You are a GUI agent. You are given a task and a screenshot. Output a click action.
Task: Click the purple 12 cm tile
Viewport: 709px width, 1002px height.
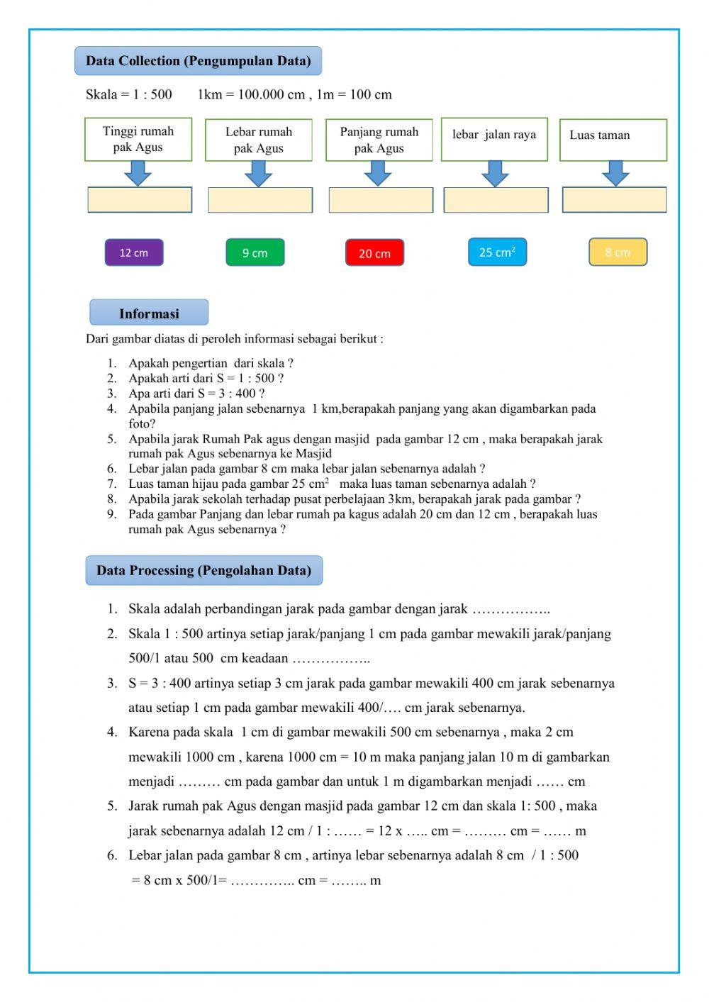point(134,252)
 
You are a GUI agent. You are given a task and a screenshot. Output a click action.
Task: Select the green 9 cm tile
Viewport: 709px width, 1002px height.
point(255,252)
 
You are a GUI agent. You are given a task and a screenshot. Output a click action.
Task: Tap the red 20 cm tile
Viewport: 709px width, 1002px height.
point(374,253)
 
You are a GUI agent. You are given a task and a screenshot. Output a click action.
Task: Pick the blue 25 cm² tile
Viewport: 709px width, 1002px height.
point(497,252)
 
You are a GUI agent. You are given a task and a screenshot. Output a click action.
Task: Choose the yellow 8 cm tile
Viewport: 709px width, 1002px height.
point(618,252)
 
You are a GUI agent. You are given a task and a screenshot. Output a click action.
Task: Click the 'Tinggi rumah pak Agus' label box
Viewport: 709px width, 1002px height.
point(138,140)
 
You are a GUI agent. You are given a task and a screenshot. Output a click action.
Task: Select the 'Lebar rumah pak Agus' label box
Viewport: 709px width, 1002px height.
point(259,140)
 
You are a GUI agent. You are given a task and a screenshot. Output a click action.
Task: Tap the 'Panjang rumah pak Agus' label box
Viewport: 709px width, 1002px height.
point(379,140)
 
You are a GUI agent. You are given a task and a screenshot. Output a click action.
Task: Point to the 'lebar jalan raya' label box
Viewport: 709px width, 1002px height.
point(494,140)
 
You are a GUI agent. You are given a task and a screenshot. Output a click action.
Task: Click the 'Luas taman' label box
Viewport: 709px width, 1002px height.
point(613,140)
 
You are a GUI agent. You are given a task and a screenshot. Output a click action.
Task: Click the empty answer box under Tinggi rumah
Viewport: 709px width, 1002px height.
point(140,200)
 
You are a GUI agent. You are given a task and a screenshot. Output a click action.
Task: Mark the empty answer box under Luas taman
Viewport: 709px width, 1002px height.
point(614,200)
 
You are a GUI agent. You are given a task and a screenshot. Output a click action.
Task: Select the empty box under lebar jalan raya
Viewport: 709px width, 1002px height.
point(496,200)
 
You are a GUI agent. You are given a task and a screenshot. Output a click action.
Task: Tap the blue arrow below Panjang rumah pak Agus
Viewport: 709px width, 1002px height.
point(378,173)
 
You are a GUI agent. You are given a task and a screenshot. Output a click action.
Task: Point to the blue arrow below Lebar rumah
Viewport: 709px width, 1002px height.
point(258,173)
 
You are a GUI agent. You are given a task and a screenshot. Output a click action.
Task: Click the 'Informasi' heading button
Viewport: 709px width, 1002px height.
point(149,313)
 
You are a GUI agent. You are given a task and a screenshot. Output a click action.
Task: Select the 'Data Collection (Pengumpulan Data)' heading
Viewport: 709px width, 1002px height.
point(198,61)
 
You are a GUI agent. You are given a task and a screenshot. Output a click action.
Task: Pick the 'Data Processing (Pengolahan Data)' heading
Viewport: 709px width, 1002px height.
point(203,570)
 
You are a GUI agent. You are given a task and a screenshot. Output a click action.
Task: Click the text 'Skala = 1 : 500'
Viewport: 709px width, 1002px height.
point(129,94)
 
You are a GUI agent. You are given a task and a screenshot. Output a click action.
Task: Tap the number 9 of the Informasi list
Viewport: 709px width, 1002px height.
point(112,514)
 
